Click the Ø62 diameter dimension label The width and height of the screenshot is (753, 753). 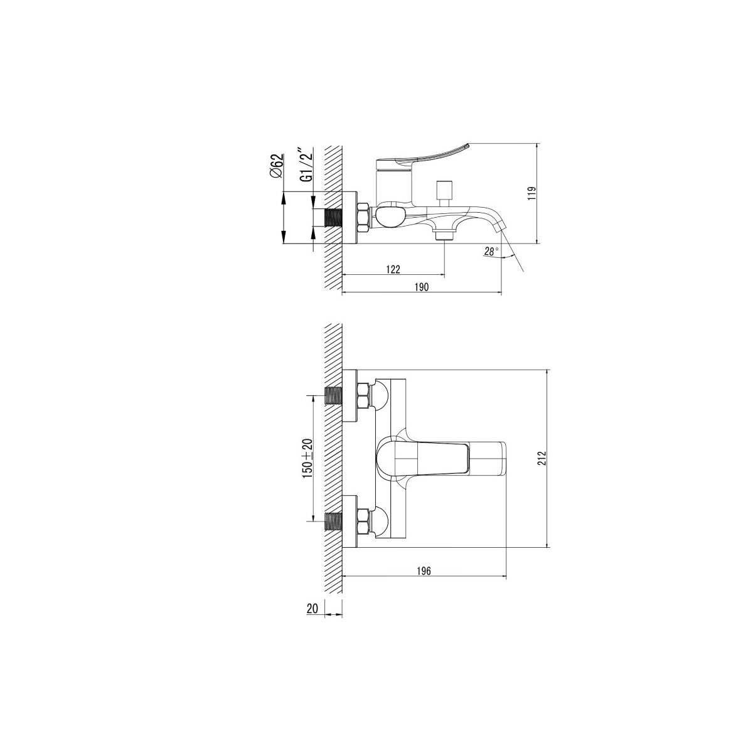[x=276, y=166]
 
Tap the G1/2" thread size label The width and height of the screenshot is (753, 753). [x=307, y=164]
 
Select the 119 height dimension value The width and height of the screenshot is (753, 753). [x=532, y=194]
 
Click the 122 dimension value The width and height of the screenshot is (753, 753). [x=393, y=269]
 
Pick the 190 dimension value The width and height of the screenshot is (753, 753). [x=421, y=287]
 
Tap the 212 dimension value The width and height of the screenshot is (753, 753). [x=542, y=458]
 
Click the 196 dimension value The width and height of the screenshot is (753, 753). [x=424, y=571]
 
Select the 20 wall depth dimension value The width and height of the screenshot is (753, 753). [x=312, y=609]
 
